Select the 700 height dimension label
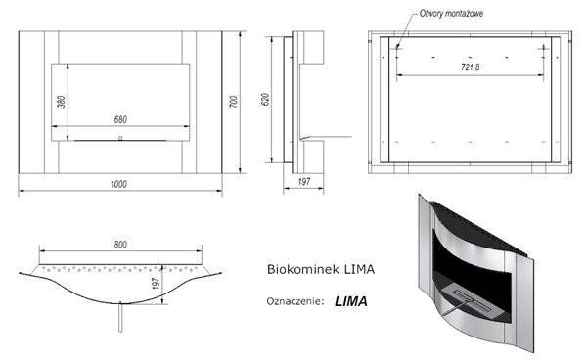[233, 102]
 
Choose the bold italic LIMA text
[350, 301]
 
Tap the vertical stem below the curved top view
[118, 317]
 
